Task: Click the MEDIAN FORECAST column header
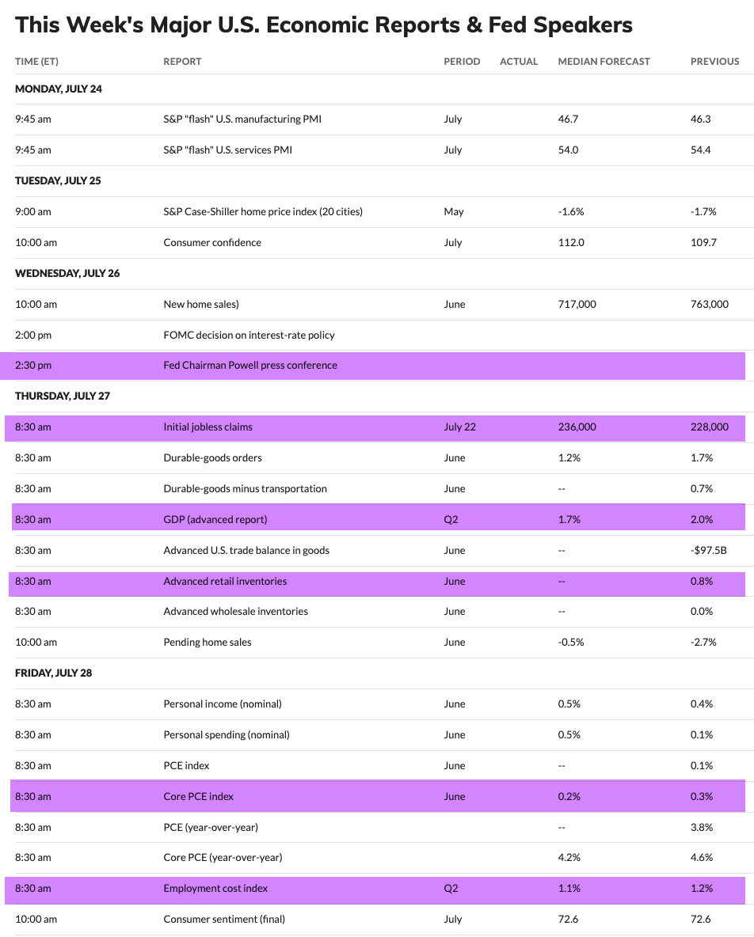pos(604,62)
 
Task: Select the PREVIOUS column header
pos(714,62)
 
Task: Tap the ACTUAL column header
pos(519,62)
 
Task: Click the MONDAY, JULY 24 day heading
pos(59,89)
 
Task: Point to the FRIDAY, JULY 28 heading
pos(53,673)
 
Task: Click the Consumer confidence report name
pos(212,243)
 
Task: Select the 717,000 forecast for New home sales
pos(577,305)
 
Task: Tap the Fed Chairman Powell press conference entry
pos(250,366)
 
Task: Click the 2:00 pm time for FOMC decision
pos(33,336)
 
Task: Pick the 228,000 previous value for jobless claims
pos(710,427)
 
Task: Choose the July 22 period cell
pos(460,427)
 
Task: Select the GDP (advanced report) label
pos(215,520)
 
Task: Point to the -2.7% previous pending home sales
pos(703,643)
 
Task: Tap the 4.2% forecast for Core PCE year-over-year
pos(569,858)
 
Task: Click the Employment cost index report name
pos(215,889)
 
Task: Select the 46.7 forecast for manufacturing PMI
pos(569,119)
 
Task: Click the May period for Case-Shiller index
pos(454,212)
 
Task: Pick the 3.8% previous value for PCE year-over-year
pos(702,828)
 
